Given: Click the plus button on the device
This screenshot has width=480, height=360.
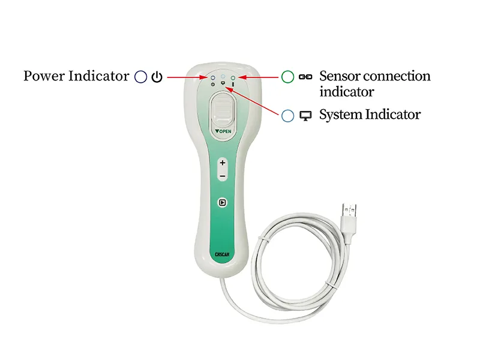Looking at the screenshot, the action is pos(223,163).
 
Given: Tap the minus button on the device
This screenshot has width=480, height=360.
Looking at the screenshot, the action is pos(223,176).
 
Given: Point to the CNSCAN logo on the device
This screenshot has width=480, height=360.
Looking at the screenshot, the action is pos(222,254).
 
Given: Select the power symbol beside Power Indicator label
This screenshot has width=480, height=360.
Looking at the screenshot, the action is pos(157,77).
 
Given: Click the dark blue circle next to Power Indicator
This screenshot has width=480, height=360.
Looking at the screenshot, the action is pos(141,77).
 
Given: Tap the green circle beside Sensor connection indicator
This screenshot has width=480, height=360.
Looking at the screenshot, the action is pos(288,77).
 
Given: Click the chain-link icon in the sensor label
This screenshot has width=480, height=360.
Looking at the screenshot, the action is pos(305,77).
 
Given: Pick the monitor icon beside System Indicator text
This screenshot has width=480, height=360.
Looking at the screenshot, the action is pos(305,116).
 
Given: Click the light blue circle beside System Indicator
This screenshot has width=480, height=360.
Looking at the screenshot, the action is pos(288,116).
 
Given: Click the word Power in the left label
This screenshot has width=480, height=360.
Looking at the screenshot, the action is pos(43,76).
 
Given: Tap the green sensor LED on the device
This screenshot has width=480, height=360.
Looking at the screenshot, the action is pos(233,78).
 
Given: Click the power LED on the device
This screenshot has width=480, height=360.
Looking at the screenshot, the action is pos(213,78).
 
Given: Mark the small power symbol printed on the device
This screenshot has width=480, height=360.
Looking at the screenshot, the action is pos(213,84).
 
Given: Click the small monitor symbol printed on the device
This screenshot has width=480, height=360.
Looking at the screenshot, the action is pos(223,83).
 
